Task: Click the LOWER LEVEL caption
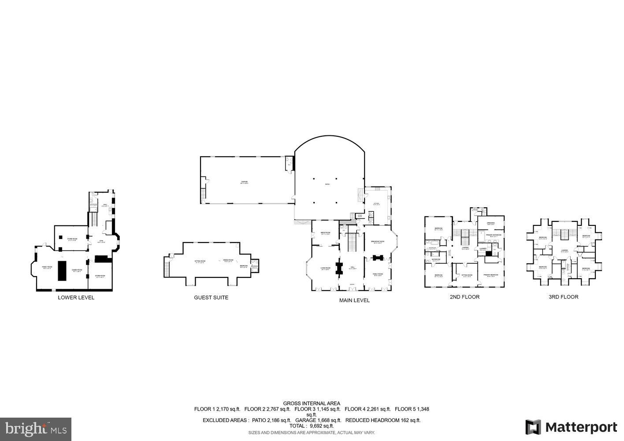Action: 76,298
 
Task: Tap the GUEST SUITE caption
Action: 211,298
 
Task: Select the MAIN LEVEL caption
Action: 354,300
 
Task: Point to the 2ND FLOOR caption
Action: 464,297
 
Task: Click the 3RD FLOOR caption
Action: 563,297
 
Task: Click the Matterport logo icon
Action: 533,427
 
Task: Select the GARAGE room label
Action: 244,182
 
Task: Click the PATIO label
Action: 327,184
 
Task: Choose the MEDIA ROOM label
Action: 326,233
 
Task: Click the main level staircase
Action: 352,243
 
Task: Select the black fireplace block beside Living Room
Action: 339,268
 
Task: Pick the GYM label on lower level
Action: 100,241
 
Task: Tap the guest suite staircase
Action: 167,267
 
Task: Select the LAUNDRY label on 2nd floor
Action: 483,249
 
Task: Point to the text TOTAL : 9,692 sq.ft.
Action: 312,426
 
